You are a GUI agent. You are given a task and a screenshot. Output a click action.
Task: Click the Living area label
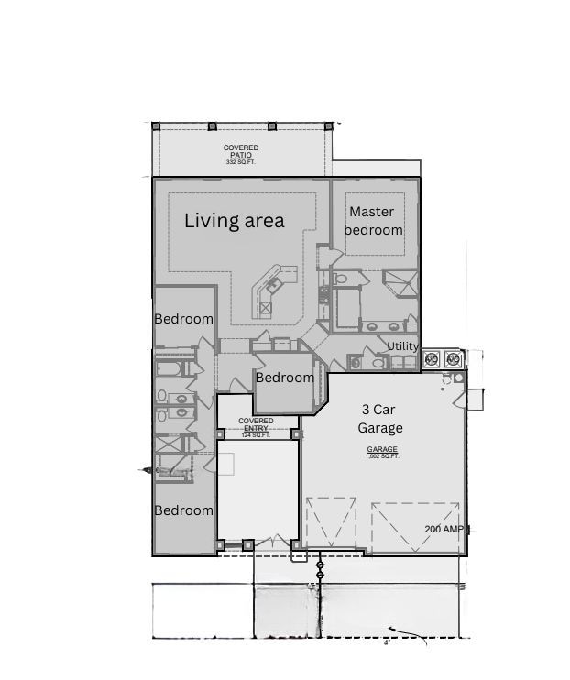235,221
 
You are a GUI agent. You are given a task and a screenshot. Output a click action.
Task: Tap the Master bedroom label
373,221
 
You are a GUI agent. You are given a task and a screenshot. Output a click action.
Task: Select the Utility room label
402,346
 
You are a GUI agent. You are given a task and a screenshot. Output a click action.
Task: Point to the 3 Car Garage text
380,420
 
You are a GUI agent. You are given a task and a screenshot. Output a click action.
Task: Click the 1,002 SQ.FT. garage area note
382,456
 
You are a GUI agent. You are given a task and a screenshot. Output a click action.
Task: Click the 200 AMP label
444,530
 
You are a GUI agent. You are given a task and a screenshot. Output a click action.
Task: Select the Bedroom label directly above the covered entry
284,378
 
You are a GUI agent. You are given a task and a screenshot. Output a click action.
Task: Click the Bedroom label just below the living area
183,319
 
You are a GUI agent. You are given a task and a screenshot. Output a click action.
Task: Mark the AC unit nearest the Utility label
431,358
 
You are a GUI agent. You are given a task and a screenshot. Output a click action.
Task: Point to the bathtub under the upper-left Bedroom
171,369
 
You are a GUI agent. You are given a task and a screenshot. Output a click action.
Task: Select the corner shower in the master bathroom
400,282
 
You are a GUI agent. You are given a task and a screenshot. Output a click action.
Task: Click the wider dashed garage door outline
416,526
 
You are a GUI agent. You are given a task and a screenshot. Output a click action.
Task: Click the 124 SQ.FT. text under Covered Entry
256,435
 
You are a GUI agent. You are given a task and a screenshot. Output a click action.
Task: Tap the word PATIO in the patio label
241,156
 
